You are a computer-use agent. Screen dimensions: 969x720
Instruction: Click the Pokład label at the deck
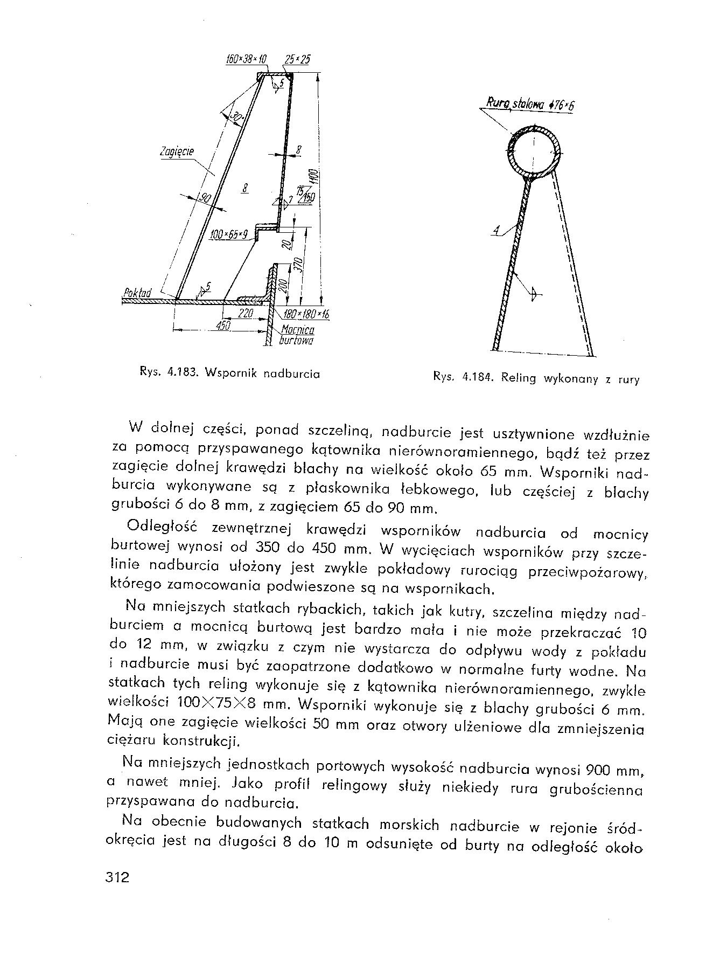137,293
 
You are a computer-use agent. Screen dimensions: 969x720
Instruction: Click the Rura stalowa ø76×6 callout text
530,104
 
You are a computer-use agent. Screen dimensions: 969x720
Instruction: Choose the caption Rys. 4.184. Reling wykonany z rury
536,378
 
